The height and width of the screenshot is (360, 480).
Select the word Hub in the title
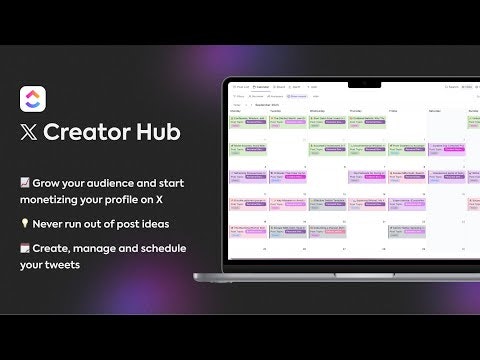160,132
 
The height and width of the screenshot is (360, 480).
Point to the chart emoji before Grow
25,183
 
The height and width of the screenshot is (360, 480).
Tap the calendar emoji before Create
25,247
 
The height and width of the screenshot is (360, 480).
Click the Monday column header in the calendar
236,110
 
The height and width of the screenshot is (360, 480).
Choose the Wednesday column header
317,110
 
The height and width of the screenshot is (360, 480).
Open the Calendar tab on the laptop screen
262,88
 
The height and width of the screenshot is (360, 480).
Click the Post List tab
241,88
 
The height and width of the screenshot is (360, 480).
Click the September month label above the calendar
262,103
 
